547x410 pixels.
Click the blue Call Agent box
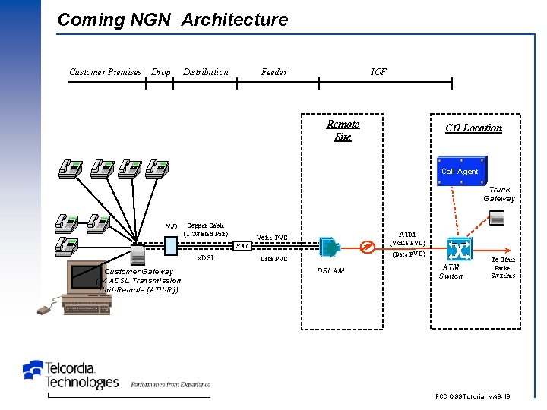[460, 171]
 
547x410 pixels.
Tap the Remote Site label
[343, 130]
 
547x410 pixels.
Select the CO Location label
[473, 128]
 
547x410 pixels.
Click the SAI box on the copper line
[242, 245]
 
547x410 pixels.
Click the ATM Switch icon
[459, 249]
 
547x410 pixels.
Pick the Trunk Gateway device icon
[497, 218]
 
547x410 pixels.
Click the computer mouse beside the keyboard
[46, 308]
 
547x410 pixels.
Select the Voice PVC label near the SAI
[272, 238]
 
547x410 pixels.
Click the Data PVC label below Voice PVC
[273, 259]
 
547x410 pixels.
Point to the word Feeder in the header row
[274, 72]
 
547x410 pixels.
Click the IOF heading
[378, 72]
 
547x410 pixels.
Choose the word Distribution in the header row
[206, 72]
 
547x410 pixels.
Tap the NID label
[171, 226]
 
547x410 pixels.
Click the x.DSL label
[206, 258]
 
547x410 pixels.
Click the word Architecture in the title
[235, 20]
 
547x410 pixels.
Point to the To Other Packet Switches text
[503, 267]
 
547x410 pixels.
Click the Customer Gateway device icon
[138, 254]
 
